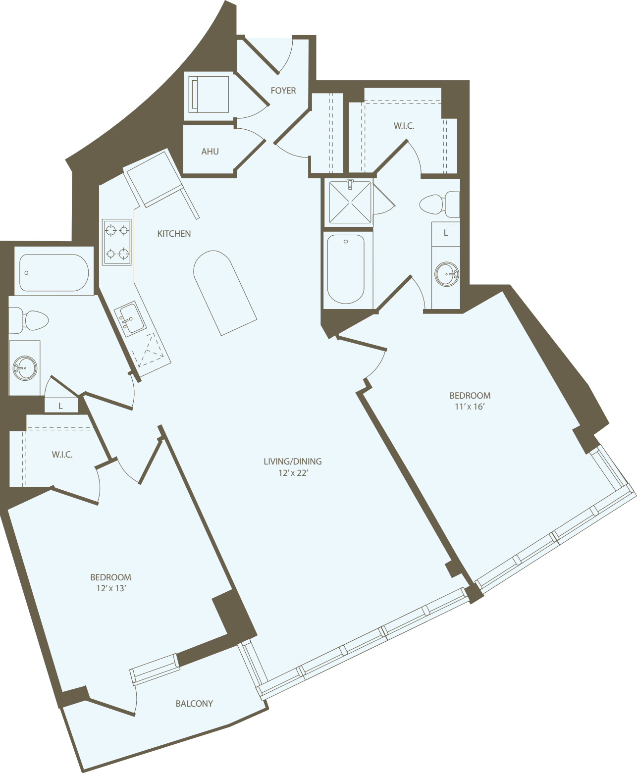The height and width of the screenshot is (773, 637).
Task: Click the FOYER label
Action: [283, 91]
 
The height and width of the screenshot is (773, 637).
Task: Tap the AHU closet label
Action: [210, 152]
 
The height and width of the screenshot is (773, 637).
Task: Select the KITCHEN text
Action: [174, 234]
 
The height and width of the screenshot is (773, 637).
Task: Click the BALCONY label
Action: [194, 704]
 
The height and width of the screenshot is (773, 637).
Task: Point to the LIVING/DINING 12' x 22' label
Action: [293, 467]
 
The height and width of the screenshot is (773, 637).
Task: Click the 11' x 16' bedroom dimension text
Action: [469, 407]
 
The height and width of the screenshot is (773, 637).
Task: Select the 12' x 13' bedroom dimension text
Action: [111, 588]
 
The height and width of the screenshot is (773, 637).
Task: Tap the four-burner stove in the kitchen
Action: [117, 242]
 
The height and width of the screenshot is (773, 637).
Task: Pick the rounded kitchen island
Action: [224, 292]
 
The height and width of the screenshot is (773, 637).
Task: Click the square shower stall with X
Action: [350, 202]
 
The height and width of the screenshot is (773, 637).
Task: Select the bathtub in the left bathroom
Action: [53, 273]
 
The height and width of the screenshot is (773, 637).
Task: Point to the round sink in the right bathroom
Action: [446, 274]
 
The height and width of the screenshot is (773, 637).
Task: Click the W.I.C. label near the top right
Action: [404, 126]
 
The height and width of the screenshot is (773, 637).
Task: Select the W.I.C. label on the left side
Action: [62, 455]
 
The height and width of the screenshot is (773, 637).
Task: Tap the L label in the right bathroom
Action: [446, 233]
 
